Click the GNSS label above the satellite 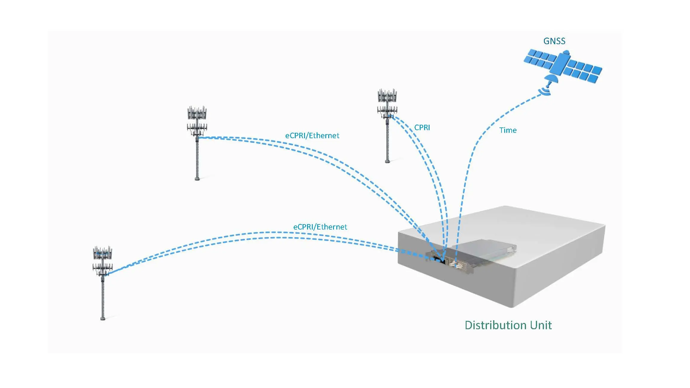[x=554, y=41]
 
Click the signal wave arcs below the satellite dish [x=545, y=91]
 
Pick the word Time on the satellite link [x=508, y=130]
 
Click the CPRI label [x=422, y=127]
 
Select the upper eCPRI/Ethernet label [x=312, y=136]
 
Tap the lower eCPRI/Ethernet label [x=320, y=227]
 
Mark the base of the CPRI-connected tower [x=387, y=161]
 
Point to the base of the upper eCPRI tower [x=197, y=179]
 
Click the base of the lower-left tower [x=103, y=318]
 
